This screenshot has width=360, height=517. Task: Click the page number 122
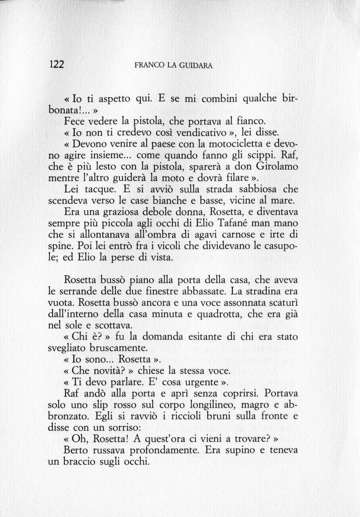point(57,65)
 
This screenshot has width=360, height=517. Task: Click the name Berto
point(77,451)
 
